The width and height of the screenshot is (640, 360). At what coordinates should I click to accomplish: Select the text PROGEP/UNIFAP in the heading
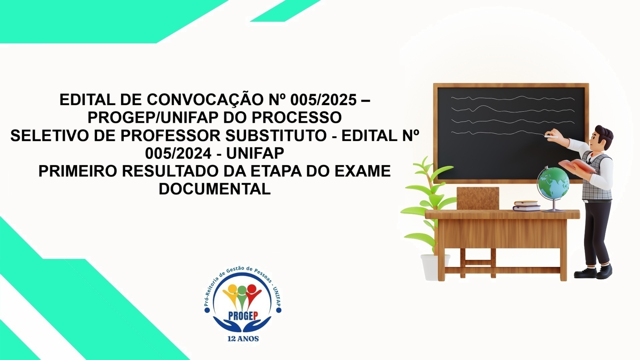pos(150,117)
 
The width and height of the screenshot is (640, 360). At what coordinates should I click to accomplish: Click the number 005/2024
pos(178,153)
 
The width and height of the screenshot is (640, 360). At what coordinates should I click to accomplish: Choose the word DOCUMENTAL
pos(214,189)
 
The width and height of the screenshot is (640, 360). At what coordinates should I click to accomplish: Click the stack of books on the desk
pos(527,206)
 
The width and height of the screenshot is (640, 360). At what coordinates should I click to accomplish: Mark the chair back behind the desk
pos(478,198)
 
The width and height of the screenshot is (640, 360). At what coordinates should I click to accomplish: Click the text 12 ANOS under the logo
pos(243,339)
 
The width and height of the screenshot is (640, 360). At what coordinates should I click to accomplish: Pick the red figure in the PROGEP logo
pos(252,295)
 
